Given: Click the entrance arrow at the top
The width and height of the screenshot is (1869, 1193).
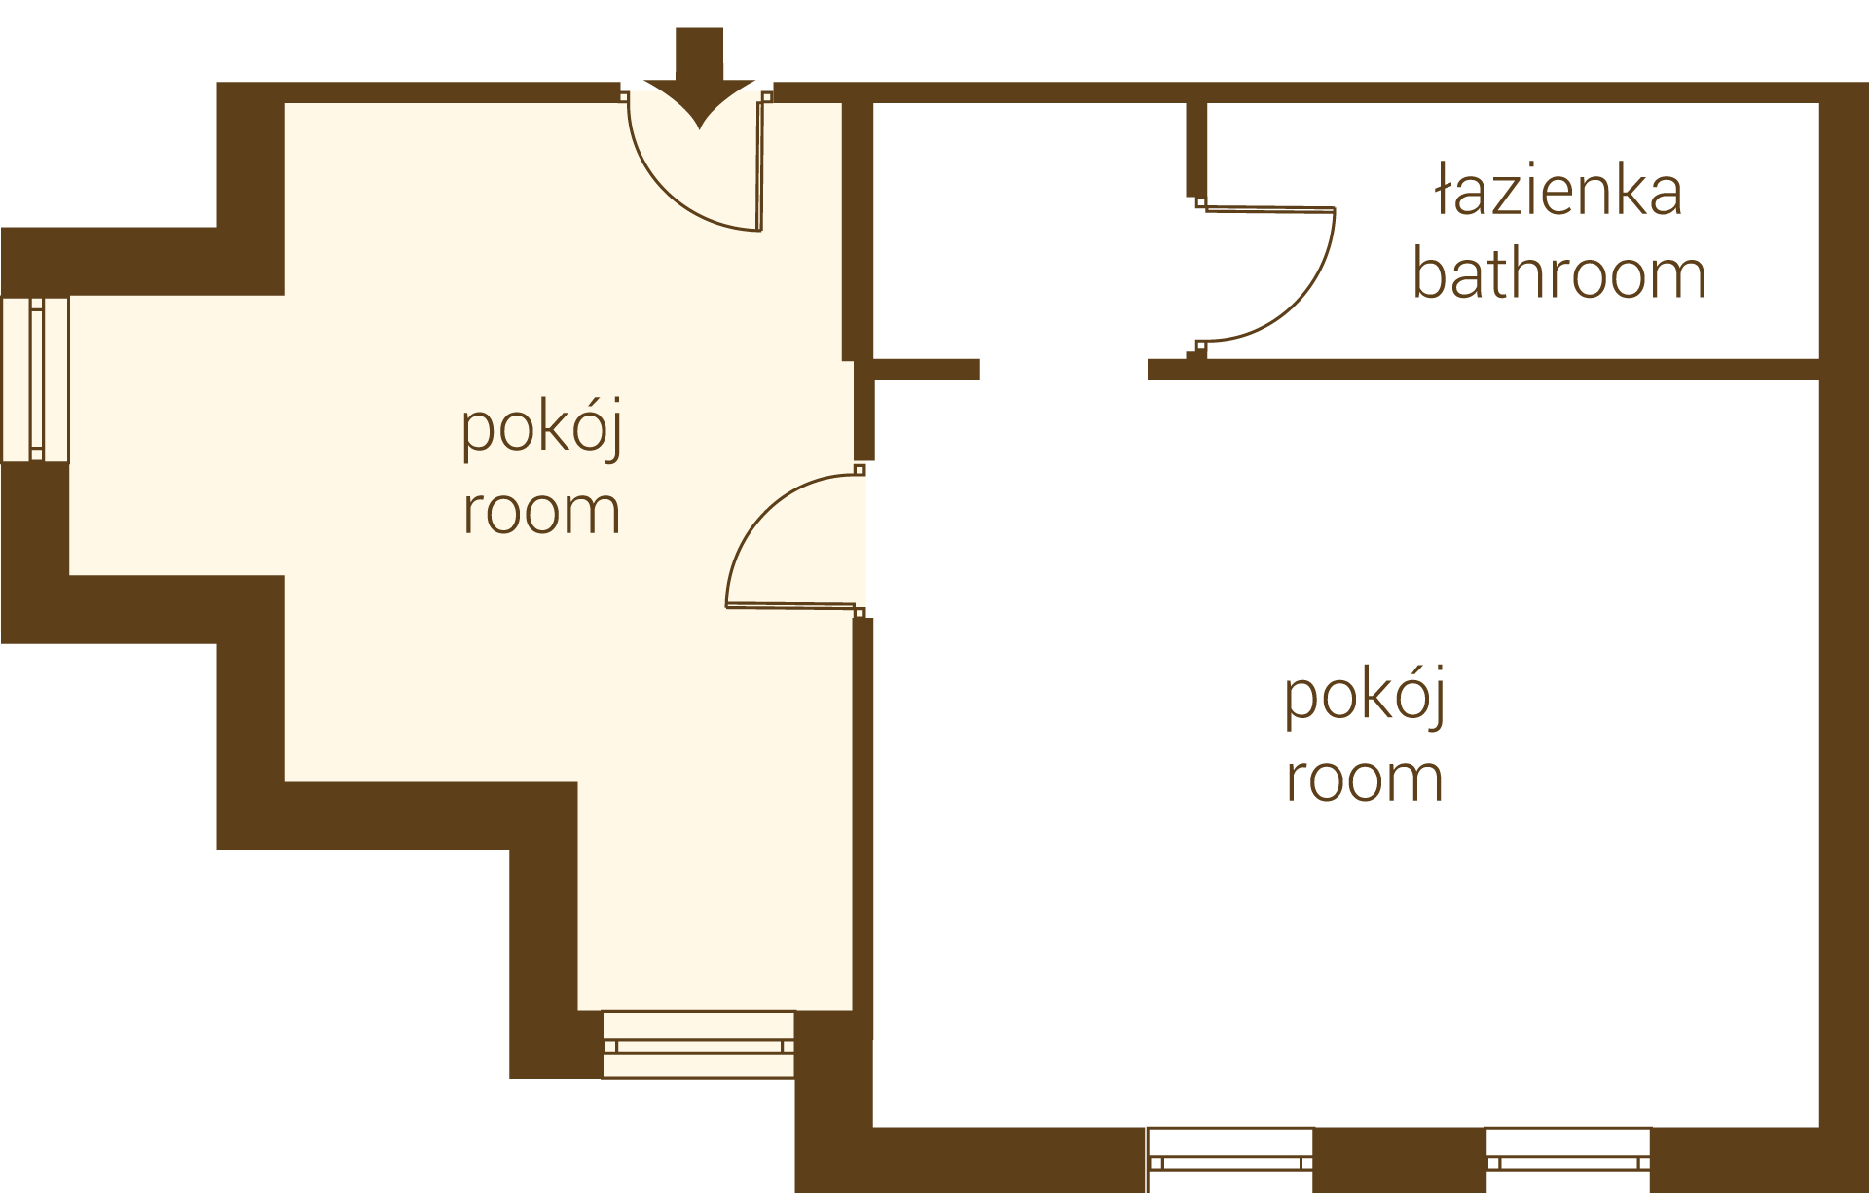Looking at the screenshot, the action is [699, 78].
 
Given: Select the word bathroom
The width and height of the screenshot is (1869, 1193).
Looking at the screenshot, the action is [1559, 273].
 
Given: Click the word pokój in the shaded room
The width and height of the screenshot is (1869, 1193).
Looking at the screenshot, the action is [541, 428].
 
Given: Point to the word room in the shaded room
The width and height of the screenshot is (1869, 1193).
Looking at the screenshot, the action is [541, 511].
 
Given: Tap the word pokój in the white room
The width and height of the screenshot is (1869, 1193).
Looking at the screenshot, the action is [1365, 697].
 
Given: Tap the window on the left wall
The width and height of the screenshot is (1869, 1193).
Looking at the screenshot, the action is [36, 380].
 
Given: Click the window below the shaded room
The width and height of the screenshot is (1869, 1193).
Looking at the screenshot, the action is [698, 1045].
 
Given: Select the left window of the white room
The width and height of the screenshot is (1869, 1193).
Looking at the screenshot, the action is [1229, 1160].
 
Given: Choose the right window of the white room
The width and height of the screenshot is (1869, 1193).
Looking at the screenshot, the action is [1568, 1160].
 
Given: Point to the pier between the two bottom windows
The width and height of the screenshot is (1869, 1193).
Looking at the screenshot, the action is [1400, 1160].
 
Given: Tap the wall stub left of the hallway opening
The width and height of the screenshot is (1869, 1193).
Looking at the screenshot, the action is [926, 369].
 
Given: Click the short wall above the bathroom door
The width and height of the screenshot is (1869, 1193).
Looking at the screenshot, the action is [1196, 149].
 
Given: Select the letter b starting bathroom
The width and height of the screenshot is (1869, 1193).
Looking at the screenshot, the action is [1429, 273].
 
